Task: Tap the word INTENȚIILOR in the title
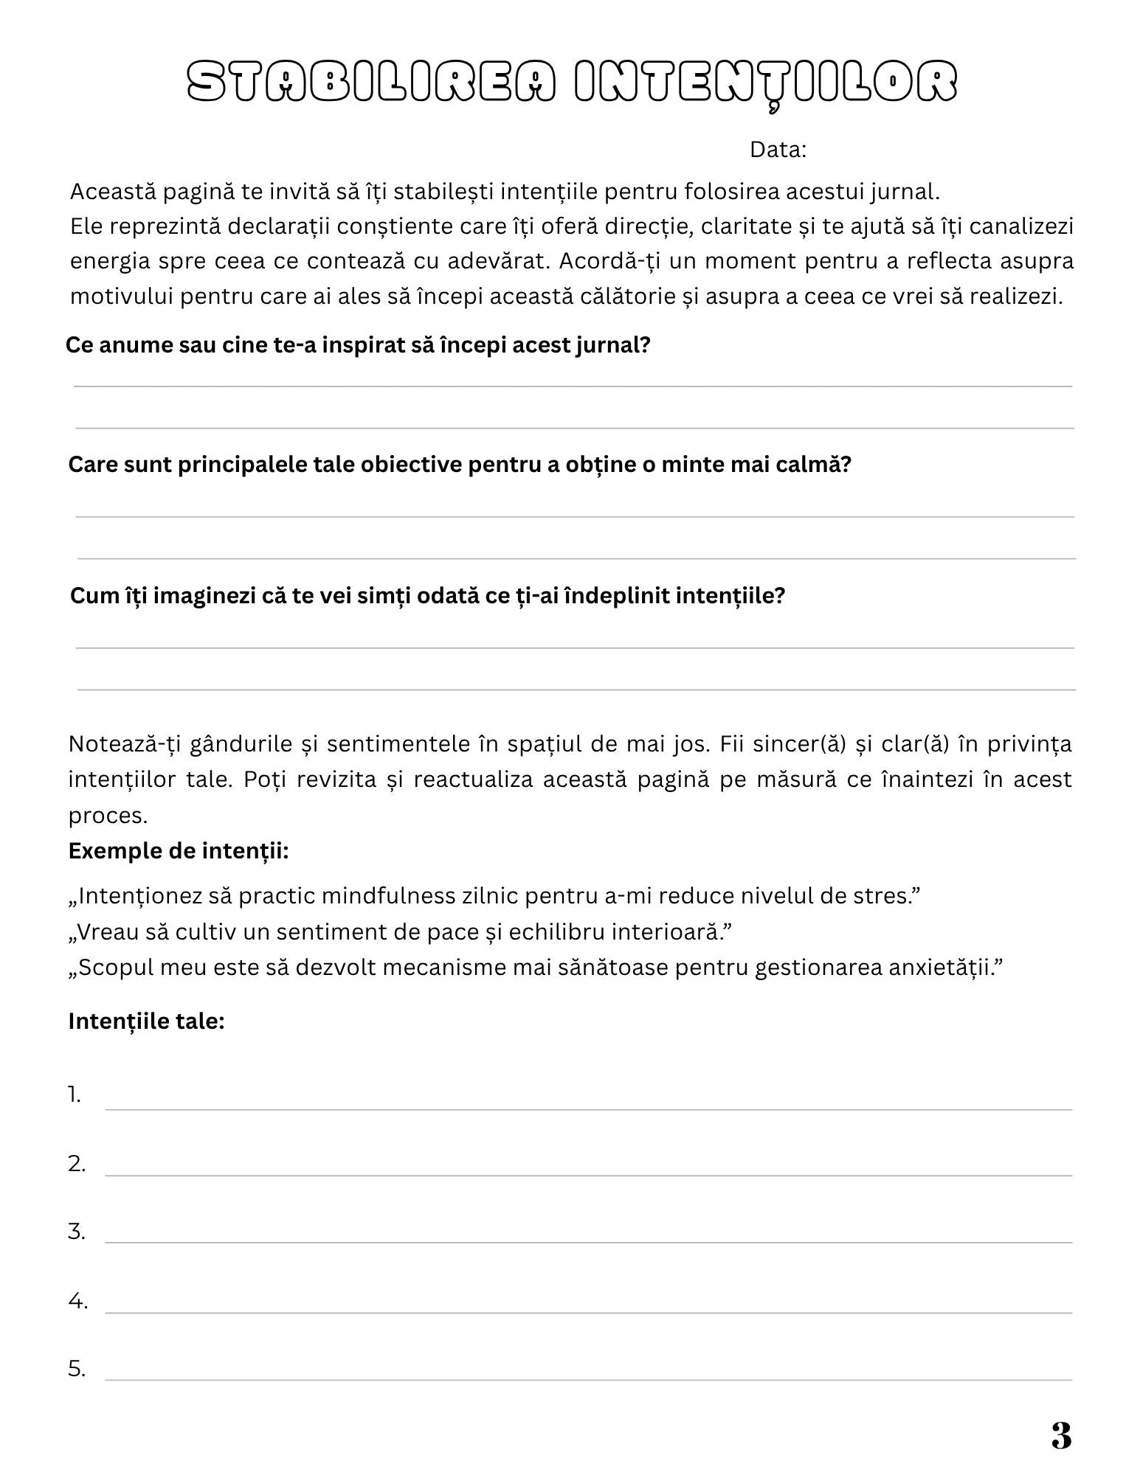click(x=765, y=82)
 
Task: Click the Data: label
click(x=778, y=150)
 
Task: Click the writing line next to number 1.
click(x=588, y=1107)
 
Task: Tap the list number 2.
click(x=77, y=1164)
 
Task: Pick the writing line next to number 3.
click(x=588, y=1240)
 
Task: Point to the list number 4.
click(x=77, y=1301)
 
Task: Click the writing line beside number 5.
click(x=588, y=1378)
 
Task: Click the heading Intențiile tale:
click(x=146, y=1021)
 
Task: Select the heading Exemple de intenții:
click(x=179, y=851)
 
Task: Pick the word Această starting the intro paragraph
click(x=112, y=192)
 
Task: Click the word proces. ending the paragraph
click(x=108, y=815)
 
